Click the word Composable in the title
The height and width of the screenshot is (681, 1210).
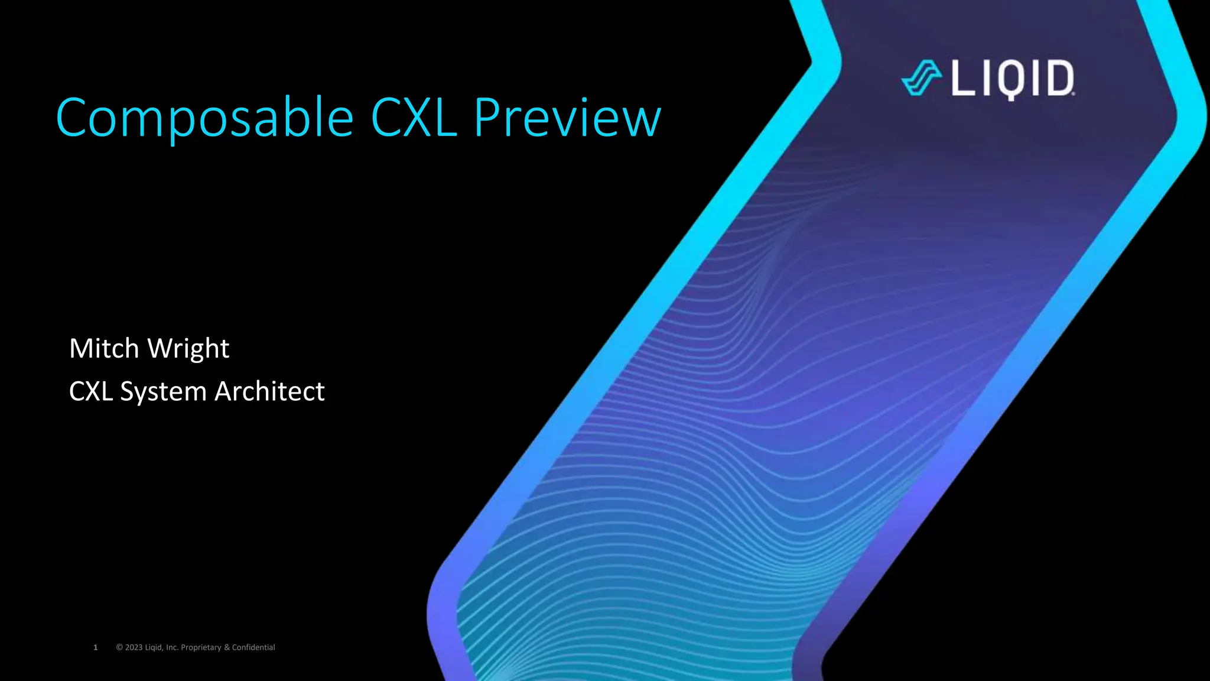coord(204,118)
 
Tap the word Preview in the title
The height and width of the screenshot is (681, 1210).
coord(567,118)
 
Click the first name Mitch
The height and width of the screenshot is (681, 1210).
coord(104,348)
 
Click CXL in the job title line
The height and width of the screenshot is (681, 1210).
coord(91,391)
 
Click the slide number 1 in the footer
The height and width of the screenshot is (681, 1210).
coord(96,647)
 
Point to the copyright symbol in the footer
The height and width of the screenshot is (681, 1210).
coord(119,647)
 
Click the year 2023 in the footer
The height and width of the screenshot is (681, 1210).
coord(134,647)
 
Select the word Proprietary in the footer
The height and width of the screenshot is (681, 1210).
coord(201,647)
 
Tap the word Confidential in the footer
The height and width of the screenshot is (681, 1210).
coord(253,647)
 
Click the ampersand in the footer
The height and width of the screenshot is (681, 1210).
coord(227,647)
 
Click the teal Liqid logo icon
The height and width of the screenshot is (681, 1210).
coord(921,78)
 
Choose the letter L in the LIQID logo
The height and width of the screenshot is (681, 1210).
coord(964,78)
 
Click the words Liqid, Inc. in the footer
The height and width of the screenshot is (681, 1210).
coord(161,647)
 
